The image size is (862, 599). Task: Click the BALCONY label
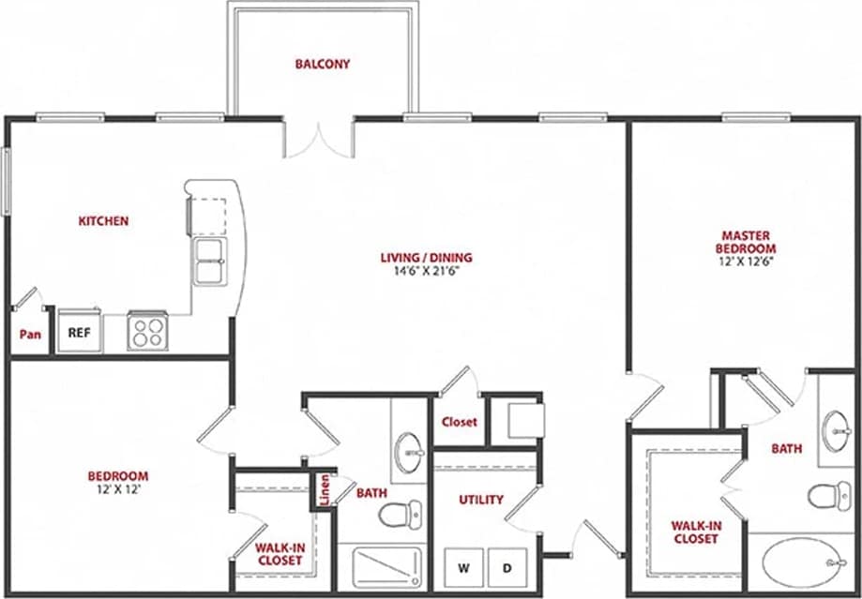tap(322, 65)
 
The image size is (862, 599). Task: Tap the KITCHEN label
tap(103, 221)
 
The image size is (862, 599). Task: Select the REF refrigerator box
tap(78, 331)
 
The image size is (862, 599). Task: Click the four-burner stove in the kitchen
tap(147, 331)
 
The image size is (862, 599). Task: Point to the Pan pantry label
tap(30, 334)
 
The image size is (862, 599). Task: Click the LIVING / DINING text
tap(426, 258)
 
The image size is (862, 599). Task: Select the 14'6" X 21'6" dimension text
tap(426, 271)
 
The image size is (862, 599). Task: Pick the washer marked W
tap(463, 567)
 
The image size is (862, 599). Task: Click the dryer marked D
tap(507, 567)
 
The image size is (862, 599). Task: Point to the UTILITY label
tap(481, 500)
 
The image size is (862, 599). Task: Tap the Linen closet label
tap(325, 491)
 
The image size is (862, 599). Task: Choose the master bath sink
tap(835, 429)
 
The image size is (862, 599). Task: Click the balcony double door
tap(318, 139)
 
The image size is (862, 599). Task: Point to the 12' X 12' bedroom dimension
tap(118, 489)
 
